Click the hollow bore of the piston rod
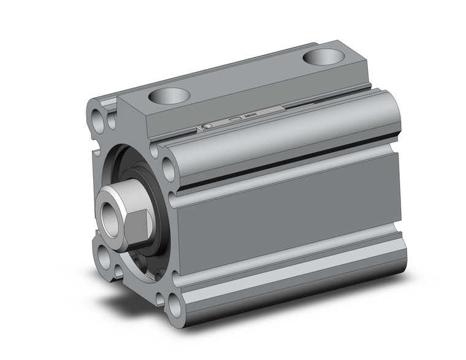[110, 215]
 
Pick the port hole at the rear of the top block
[323, 58]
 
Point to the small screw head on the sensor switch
[207, 126]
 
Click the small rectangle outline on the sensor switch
[234, 119]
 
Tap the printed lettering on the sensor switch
[250, 115]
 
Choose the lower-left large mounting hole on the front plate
[100, 253]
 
